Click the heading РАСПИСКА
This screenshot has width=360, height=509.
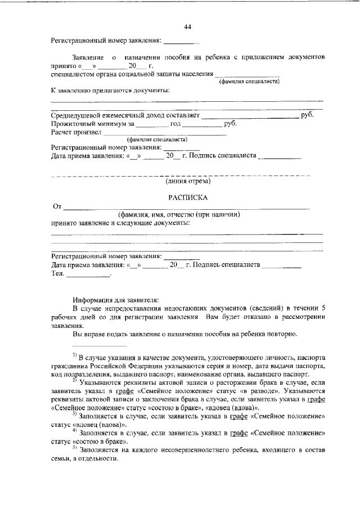(188, 197)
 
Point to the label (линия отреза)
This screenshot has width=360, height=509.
(188, 181)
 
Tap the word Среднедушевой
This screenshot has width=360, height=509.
(77, 115)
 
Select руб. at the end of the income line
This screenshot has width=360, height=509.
(307, 115)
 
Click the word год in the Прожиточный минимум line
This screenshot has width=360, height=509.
(175, 124)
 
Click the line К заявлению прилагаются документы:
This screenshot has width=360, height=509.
(111, 90)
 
